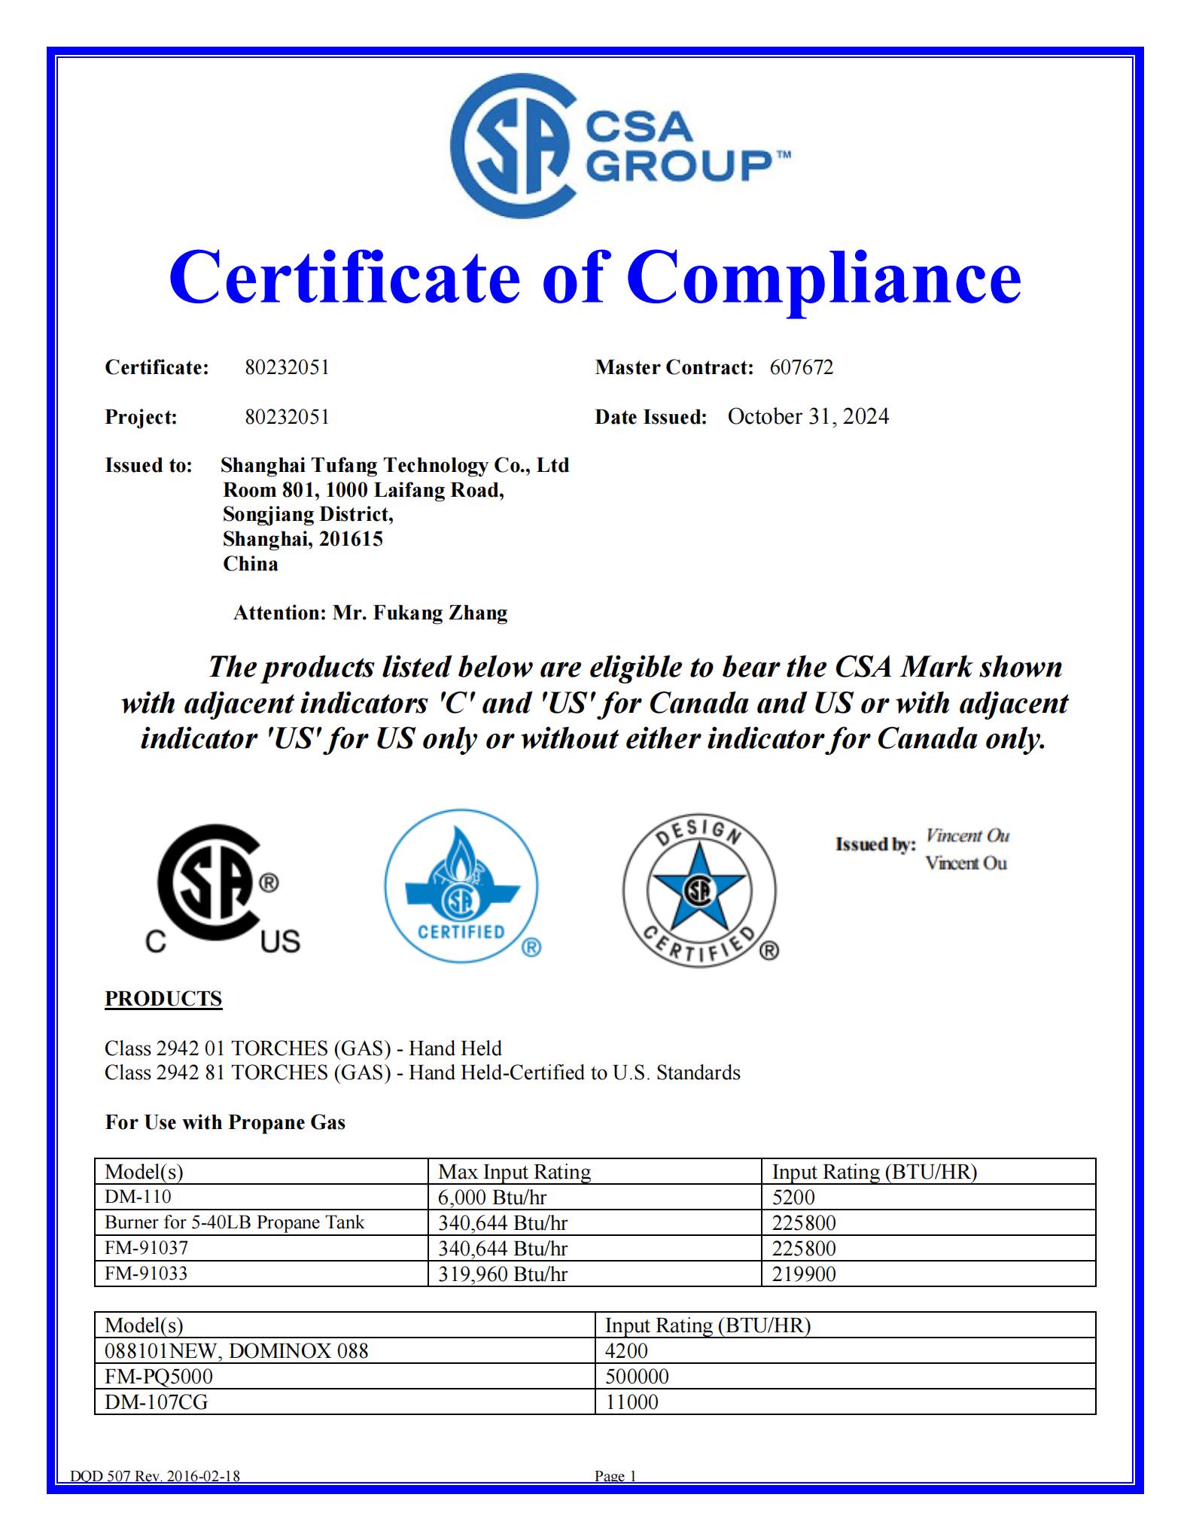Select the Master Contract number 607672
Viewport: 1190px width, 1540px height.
click(x=801, y=367)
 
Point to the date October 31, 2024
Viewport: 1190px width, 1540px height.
click(x=808, y=416)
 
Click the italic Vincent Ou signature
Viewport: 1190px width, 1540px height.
click(x=967, y=835)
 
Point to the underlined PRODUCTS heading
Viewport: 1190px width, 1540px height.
click(x=163, y=998)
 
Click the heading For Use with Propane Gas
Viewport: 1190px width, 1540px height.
click(x=225, y=1122)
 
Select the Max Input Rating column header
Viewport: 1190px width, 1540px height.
click(x=514, y=1172)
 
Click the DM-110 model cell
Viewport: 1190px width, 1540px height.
click(x=138, y=1197)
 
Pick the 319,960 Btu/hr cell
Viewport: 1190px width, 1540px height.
click(x=503, y=1274)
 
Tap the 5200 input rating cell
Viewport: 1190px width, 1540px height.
click(x=793, y=1197)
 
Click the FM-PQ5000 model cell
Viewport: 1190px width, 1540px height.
click(x=159, y=1377)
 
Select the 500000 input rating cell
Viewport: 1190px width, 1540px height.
click(x=637, y=1377)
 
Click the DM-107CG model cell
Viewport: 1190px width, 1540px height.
click(x=157, y=1402)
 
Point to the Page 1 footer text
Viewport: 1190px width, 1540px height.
click(x=615, y=1476)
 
